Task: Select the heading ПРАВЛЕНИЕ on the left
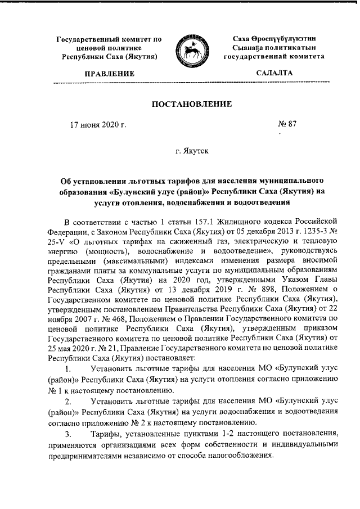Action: tap(110, 74)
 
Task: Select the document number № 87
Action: tap(287, 124)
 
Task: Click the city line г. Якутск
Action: tap(192, 152)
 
